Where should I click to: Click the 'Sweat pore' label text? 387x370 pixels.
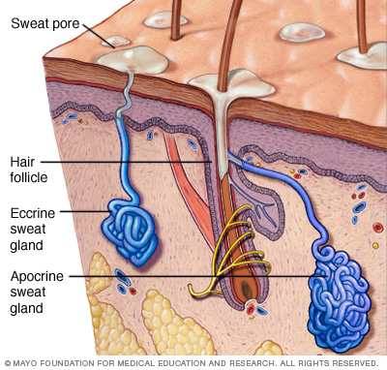point(45,23)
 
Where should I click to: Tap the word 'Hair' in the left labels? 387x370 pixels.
point(22,162)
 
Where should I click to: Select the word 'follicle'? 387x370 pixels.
point(29,177)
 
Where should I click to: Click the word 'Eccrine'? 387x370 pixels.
point(33,213)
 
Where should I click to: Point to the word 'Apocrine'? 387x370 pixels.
point(37,276)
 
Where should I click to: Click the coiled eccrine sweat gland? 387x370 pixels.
point(130,231)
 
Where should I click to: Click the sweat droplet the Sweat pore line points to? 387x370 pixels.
point(133,59)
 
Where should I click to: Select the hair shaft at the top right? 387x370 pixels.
point(362,26)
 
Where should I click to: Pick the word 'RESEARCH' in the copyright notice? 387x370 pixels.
point(248,363)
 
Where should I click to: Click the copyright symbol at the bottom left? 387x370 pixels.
point(8,363)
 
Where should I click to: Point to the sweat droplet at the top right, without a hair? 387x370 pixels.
point(302,32)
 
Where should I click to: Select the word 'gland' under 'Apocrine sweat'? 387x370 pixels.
point(26,309)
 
